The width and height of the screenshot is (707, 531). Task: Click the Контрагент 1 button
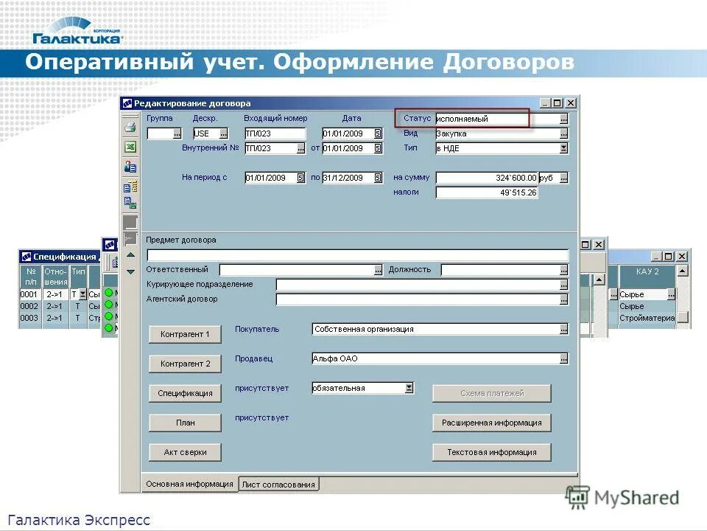185,334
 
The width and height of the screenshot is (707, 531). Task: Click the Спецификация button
185,393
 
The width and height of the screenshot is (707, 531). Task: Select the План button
185,423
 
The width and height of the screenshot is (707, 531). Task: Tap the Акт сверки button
185,452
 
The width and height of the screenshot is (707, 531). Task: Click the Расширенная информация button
491,423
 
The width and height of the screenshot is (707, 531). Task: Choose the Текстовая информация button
491,452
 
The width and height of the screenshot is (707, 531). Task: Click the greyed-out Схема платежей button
491,393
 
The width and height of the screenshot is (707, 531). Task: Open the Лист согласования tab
278,485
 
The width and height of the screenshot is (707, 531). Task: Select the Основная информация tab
189,484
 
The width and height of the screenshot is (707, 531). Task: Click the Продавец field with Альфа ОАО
435,358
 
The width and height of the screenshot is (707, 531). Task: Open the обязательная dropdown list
409,388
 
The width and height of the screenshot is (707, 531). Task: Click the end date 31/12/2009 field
346,178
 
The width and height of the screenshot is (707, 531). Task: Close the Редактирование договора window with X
571,103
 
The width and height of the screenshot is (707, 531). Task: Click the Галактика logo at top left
77,31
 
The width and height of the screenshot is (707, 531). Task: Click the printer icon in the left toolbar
130,127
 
